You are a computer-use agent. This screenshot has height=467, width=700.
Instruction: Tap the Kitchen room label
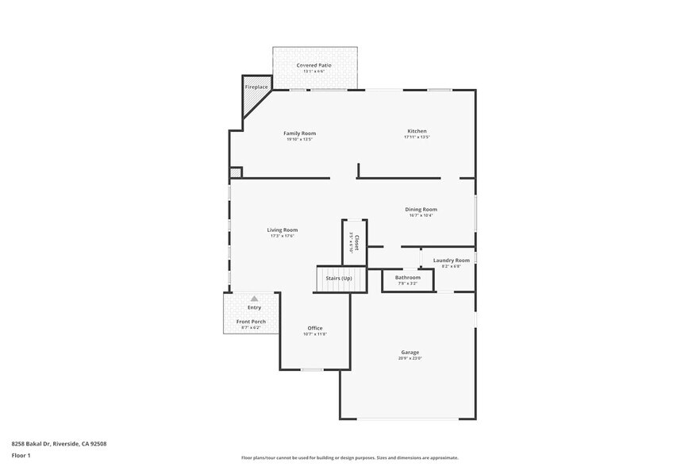[417, 131]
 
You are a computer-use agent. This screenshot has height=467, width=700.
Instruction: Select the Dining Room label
[421, 209]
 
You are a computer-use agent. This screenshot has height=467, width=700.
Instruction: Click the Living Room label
[283, 230]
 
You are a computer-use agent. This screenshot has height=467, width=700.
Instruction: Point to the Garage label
[410, 352]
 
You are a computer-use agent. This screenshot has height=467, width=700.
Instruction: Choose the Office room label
[315, 327]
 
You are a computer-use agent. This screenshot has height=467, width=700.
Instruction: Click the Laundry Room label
[451, 260]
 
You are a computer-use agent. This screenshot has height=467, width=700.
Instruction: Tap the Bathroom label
[407, 277]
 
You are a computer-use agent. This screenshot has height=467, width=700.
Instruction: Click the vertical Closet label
[357, 242]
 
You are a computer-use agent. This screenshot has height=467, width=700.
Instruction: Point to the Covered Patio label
[314, 65]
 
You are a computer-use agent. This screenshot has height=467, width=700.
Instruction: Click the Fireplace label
[256, 87]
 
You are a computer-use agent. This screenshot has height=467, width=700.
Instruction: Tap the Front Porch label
[251, 321]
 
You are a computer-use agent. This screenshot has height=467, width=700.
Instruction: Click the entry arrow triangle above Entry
[254, 299]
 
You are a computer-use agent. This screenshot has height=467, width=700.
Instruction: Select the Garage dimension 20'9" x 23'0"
[410, 358]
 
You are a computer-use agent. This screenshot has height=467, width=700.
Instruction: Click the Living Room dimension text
[283, 236]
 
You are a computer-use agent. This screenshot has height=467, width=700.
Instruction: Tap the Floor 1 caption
[21, 455]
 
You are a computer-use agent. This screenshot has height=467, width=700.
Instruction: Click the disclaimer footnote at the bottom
[349, 457]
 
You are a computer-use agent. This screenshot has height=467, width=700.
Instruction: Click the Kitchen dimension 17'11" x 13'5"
[417, 137]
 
